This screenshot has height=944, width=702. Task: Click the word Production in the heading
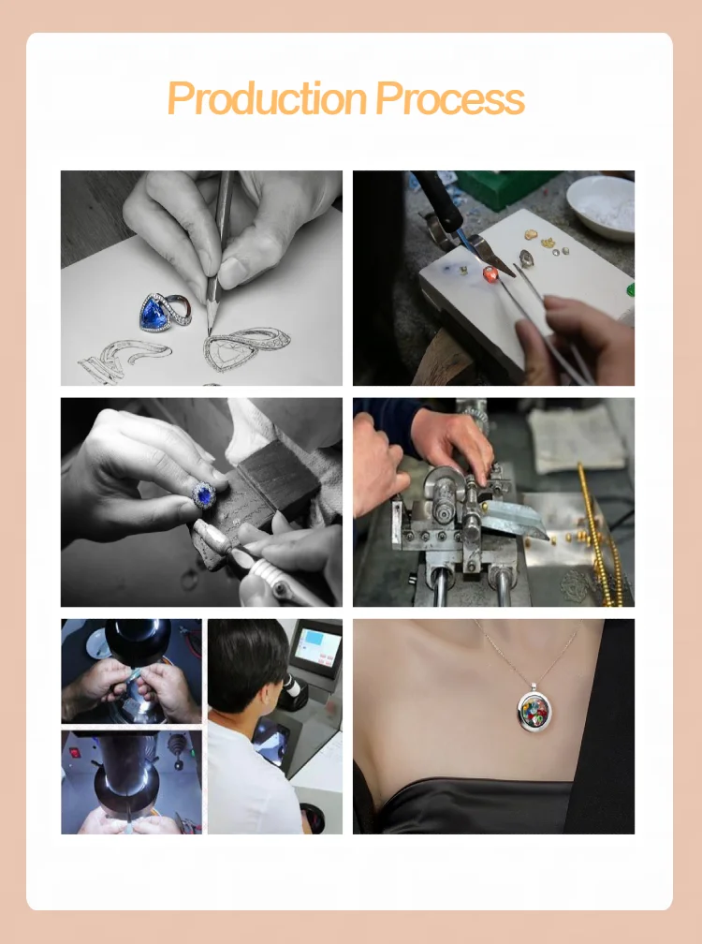tap(266, 99)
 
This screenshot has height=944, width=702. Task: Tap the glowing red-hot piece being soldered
tap(488, 273)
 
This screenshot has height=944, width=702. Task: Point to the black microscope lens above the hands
tap(138, 637)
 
